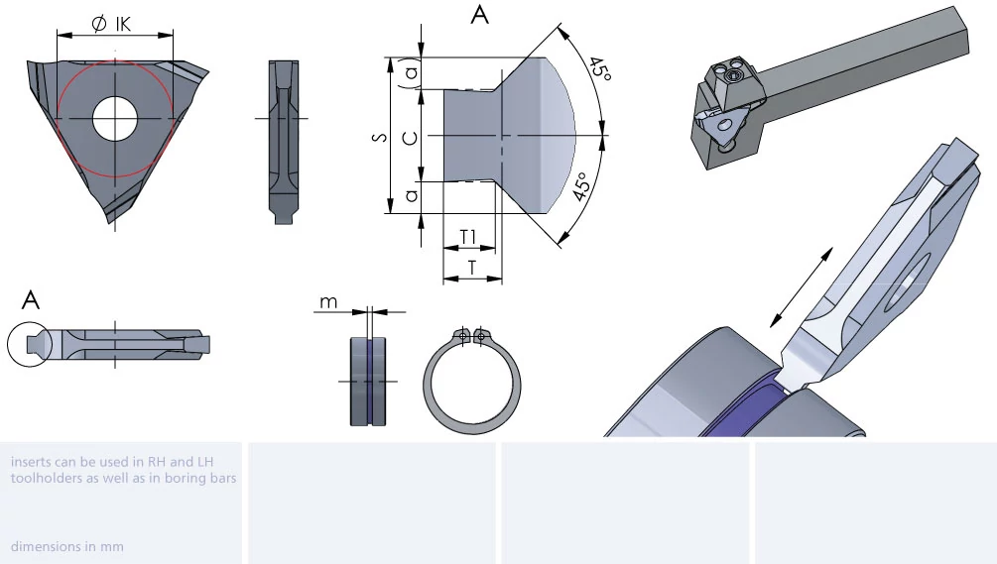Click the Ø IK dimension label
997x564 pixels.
click(x=111, y=24)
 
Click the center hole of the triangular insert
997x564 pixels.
click(x=115, y=118)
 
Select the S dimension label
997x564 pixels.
click(x=380, y=136)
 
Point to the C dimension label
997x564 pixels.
click(x=412, y=137)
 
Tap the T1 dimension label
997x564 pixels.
click(x=468, y=237)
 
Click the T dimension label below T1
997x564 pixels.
click(x=472, y=268)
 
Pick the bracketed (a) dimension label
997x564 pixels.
click(x=412, y=73)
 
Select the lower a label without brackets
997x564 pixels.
click(x=412, y=194)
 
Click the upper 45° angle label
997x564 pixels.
click(x=599, y=69)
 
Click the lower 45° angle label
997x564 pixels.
click(x=582, y=186)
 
